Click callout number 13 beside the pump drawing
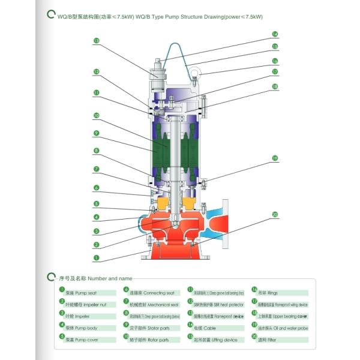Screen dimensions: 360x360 click(96, 41)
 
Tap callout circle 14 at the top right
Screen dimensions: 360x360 click(275, 34)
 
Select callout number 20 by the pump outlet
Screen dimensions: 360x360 click(275, 214)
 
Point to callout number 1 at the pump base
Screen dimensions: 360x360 click(96, 257)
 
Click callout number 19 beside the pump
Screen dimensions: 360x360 click(275, 158)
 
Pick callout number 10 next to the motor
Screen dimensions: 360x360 click(96, 115)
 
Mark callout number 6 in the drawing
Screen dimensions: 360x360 click(96, 188)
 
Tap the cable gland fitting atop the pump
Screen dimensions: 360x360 click(158, 70)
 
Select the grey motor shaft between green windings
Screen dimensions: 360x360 click(172, 150)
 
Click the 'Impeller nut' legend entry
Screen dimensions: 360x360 click(84, 304)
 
